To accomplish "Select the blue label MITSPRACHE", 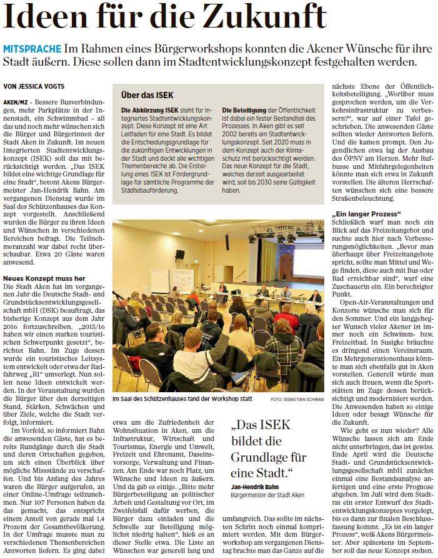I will [32, 49].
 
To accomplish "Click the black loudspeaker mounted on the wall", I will [179, 254].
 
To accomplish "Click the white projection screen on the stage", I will [307, 263].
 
